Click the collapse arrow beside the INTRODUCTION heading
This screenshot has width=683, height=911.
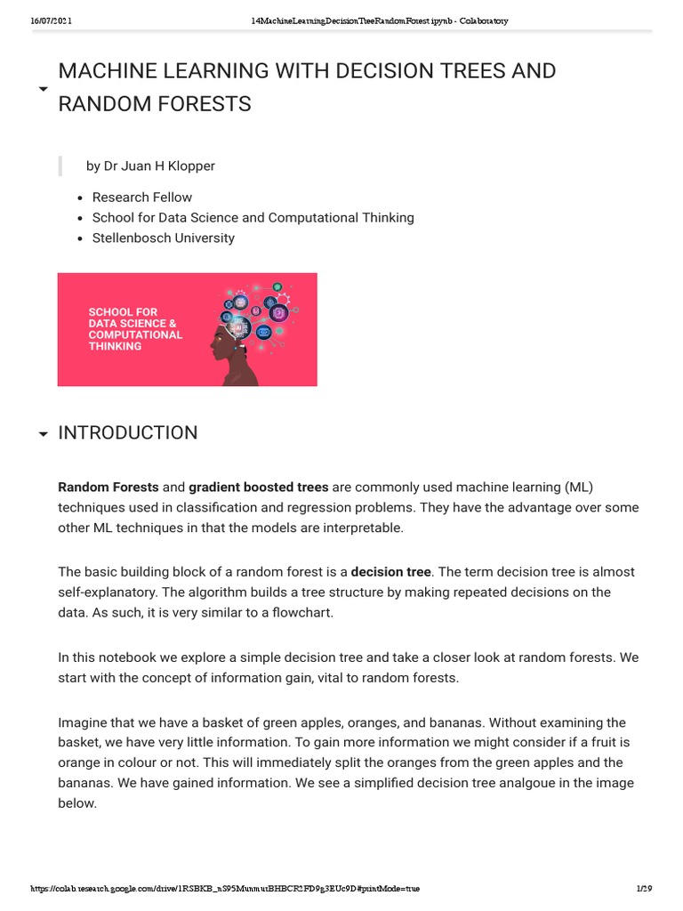click(x=43, y=434)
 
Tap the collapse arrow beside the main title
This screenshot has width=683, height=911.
click(x=43, y=89)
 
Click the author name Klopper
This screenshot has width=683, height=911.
click(x=194, y=165)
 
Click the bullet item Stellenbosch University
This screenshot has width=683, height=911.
click(x=164, y=238)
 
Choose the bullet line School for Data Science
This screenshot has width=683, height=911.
click(x=253, y=217)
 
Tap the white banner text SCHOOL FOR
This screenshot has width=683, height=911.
click(x=123, y=312)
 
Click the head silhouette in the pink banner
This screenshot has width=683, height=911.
click(x=234, y=351)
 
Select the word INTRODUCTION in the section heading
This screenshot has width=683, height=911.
click(x=127, y=433)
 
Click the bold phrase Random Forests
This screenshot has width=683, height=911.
click(x=108, y=487)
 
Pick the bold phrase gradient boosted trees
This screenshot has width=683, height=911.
click(x=259, y=487)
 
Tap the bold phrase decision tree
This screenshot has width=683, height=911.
click(x=391, y=571)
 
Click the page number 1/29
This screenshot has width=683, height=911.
click(x=645, y=889)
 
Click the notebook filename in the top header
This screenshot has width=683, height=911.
click(x=381, y=21)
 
